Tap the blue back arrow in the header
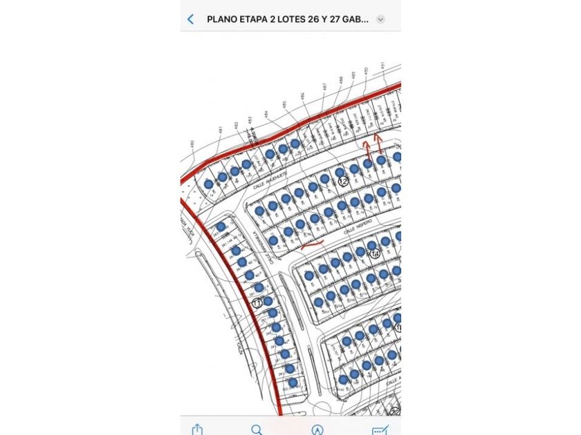[191, 19]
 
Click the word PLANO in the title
[223, 19]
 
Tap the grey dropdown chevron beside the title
[380, 19]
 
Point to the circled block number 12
[343, 181]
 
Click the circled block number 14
[375, 253]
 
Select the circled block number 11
[257, 302]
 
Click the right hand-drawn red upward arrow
[378, 144]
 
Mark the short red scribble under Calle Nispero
[313, 244]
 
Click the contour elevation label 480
[192, 145]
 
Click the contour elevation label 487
[324, 87]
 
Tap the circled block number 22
[394, 412]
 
